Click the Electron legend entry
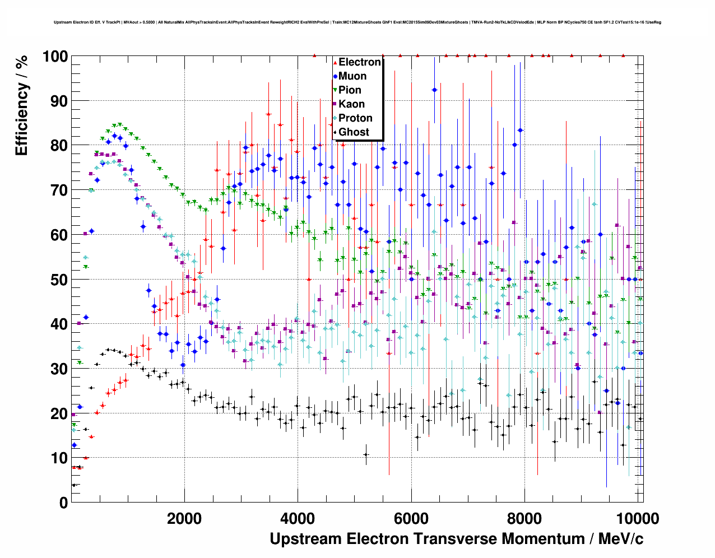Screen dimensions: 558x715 click(x=359, y=62)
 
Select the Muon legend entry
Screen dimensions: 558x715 click(x=352, y=76)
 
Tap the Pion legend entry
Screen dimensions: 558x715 click(x=350, y=90)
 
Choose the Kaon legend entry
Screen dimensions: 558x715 click(x=351, y=104)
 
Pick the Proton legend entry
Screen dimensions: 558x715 click(x=355, y=118)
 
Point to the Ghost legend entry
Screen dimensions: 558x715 click(x=354, y=132)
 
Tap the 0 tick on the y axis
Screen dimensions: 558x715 click(x=63, y=503)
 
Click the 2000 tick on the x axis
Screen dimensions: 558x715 click(x=184, y=518)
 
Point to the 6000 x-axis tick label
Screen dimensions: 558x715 click(x=411, y=518)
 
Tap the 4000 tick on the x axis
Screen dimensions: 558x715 click(x=298, y=518)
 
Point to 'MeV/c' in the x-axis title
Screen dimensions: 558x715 click(x=621, y=539)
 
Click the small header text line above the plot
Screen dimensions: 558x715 click(x=357, y=22)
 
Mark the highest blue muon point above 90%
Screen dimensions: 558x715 click(x=434, y=90)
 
